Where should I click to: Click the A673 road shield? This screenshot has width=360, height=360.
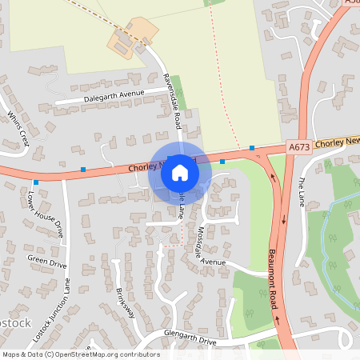pyautogui.click(x=298, y=146)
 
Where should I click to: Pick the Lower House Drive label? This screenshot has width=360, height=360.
pyautogui.click(x=45, y=214)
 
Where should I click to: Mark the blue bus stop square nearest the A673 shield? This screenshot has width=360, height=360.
pyautogui.click(x=252, y=148)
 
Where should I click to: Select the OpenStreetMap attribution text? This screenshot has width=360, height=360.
pyautogui.click(x=80, y=354)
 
